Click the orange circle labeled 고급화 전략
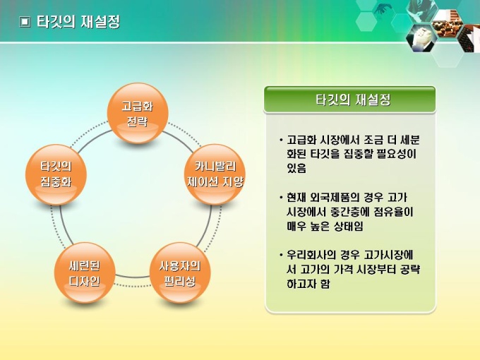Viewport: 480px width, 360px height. pyautogui.click(x=138, y=113)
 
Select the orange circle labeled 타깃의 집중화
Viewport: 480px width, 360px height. pyautogui.click(x=56, y=175)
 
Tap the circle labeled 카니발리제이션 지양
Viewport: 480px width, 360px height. pyautogui.click(x=215, y=175)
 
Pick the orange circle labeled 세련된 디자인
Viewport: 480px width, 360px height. pyautogui.click(x=85, y=272)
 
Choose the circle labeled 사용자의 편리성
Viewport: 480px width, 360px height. pyautogui.click(x=180, y=272)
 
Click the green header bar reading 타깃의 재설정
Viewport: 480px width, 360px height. pyautogui.click(x=349, y=100)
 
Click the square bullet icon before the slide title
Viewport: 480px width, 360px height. pyautogui.click(x=25, y=22)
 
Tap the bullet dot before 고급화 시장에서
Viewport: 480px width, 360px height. pyautogui.click(x=281, y=140)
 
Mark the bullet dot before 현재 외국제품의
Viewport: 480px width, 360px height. pyautogui.click(x=281, y=198)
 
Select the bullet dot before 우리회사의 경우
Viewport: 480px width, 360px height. pyautogui.click(x=281, y=255)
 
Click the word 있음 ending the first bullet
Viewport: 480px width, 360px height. pyautogui.click(x=296, y=168)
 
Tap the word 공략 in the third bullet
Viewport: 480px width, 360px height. pyautogui.click(x=410, y=270)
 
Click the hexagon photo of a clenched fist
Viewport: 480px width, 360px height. pyautogui.click(x=421, y=37)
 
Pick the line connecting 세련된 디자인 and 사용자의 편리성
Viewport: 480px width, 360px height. pyautogui.click(x=132, y=277)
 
